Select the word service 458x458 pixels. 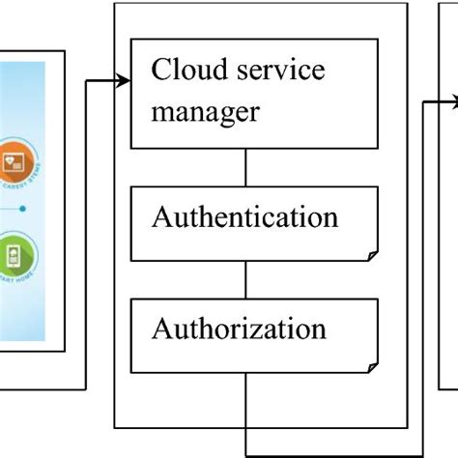tap(280, 71)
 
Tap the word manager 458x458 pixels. tap(206, 112)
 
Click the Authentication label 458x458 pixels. tap(244, 216)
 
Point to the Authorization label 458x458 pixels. tap(239, 329)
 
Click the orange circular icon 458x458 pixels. tap(20, 160)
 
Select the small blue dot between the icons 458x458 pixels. tap(20, 207)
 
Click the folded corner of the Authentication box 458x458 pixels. tap(371, 255)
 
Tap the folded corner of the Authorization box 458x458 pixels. tap(371, 366)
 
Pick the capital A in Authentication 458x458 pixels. tap(161, 216)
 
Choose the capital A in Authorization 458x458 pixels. tap(161, 329)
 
